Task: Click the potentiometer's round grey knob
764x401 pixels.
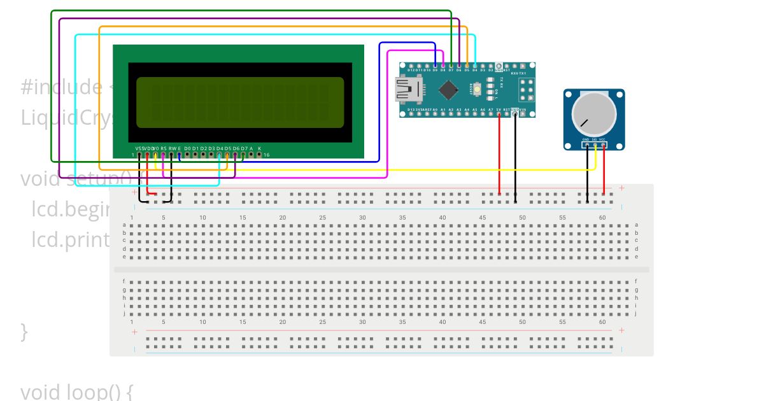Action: (x=594, y=114)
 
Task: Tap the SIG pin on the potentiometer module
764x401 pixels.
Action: (x=595, y=145)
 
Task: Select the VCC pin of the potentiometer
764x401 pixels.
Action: (x=603, y=145)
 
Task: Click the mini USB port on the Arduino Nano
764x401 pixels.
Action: (x=404, y=90)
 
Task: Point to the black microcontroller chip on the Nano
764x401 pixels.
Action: (x=448, y=90)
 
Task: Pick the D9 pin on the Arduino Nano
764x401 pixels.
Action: (x=435, y=65)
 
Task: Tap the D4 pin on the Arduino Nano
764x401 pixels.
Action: (x=475, y=65)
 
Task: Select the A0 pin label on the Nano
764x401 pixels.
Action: (x=435, y=109)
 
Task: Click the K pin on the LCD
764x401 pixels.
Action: (x=259, y=155)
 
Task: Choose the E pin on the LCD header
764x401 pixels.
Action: (x=179, y=155)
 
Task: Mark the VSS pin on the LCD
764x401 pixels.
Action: (x=139, y=155)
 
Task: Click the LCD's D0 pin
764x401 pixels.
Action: (x=187, y=155)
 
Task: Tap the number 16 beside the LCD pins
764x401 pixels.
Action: (x=266, y=155)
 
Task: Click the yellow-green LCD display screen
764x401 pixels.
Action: (x=240, y=102)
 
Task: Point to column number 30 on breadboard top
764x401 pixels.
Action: (x=362, y=218)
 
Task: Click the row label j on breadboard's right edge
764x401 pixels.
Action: (x=636, y=313)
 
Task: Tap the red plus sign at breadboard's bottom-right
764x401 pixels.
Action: (x=621, y=330)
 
